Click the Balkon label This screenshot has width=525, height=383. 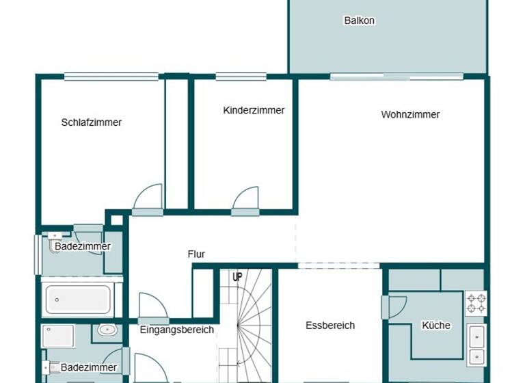(359, 21)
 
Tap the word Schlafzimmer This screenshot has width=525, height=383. (92, 122)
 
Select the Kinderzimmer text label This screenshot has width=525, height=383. (254, 110)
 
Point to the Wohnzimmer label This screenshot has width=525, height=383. (410, 114)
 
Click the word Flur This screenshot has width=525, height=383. (196, 254)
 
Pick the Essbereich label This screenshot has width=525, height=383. (329, 326)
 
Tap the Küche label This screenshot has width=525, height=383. (435, 326)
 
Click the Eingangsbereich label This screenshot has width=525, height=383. (177, 330)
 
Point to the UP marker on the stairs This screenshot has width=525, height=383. (237, 277)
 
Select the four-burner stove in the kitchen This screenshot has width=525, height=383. (476, 303)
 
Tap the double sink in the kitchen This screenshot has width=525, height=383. (476, 346)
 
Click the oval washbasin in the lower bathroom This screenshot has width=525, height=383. (107, 330)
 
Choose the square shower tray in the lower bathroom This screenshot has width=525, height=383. (58, 336)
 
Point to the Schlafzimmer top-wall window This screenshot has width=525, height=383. (111, 77)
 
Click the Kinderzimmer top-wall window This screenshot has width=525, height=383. (241, 77)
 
